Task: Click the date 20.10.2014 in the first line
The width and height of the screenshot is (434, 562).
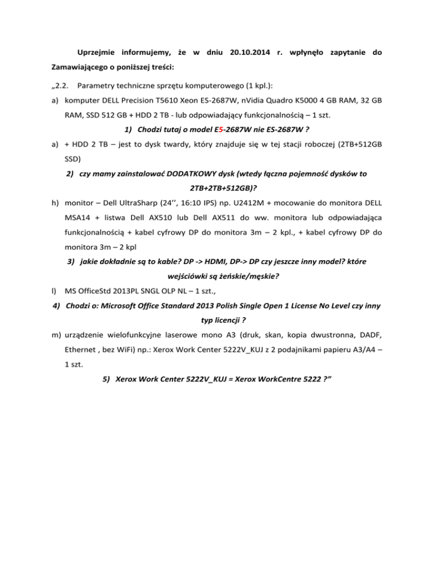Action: pos(249,53)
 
